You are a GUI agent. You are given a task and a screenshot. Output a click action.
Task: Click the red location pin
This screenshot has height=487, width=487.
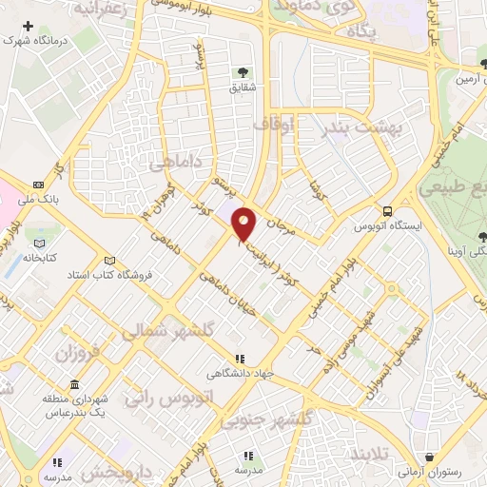click(244, 224)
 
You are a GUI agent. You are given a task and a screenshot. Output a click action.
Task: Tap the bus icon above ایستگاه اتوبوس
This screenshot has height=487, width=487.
click(387, 211)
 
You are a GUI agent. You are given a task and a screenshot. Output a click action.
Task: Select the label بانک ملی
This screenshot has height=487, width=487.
click(44, 199)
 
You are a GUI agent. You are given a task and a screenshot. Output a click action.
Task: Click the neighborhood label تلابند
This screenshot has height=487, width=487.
click(366, 454)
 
